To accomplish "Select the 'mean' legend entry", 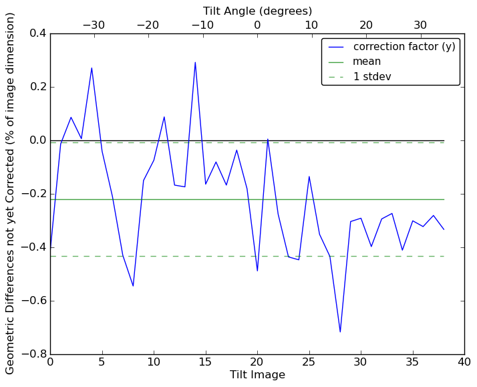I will (367, 61).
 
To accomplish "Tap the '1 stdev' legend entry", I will (372, 76).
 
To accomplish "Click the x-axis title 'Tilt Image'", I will (257, 375).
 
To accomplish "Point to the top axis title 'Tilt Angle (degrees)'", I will (257, 11).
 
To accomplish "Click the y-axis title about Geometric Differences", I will (11, 193).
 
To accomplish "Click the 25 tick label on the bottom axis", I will (309, 363).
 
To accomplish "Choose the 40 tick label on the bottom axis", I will (464, 363).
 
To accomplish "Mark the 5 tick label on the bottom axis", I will (102, 363).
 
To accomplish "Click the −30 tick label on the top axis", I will (93, 25).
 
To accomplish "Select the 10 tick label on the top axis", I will (311, 25).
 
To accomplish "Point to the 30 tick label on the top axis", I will (420, 25).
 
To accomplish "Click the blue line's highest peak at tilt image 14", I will (195, 63).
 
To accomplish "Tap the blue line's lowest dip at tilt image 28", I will (340, 332).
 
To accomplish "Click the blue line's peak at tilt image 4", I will (92, 68).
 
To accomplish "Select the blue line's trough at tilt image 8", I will (133, 286).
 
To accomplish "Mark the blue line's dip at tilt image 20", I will (257, 271).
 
